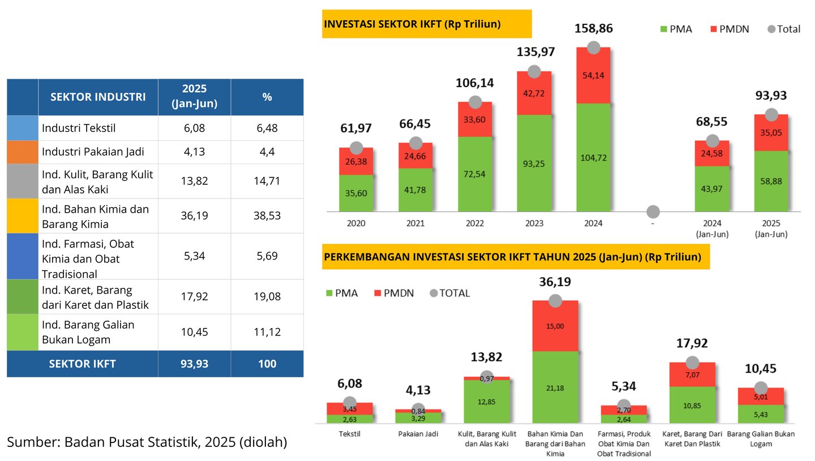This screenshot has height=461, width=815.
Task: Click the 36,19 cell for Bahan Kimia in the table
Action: pyautogui.click(x=194, y=216)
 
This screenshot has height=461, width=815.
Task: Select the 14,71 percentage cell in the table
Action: pyautogui.click(x=267, y=181)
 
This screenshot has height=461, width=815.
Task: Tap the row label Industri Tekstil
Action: pyautogui.click(x=79, y=128)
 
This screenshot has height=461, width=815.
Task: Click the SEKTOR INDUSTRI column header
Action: pyautogui.click(x=98, y=97)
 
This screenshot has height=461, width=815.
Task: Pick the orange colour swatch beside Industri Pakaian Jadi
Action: pyautogui.click(x=23, y=152)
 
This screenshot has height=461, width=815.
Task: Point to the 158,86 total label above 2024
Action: pyautogui.click(x=593, y=28)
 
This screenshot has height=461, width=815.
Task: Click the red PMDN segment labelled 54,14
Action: pyautogui.click(x=593, y=75)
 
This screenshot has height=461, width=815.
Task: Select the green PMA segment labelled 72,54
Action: pyautogui.click(x=475, y=174)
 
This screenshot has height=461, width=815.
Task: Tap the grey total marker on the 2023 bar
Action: pyautogui.click(x=534, y=71)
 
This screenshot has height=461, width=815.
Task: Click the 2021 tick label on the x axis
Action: pyautogui.click(x=415, y=223)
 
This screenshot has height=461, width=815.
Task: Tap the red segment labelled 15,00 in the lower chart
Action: pyautogui.click(x=555, y=326)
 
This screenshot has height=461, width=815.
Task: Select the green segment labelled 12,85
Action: pyautogui.click(x=487, y=401)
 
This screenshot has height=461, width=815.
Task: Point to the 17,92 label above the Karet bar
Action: pyautogui.click(x=692, y=343)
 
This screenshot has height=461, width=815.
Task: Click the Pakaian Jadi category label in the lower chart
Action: pyautogui.click(x=418, y=434)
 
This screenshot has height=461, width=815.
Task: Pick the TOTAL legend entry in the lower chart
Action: pyautogui.click(x=450, y=293)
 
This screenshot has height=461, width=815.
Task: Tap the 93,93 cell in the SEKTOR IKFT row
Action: pyautogui.click(x=194, y=364)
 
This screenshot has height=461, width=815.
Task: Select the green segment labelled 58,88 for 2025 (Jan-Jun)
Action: pyautogui.click(x=771, y=181)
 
